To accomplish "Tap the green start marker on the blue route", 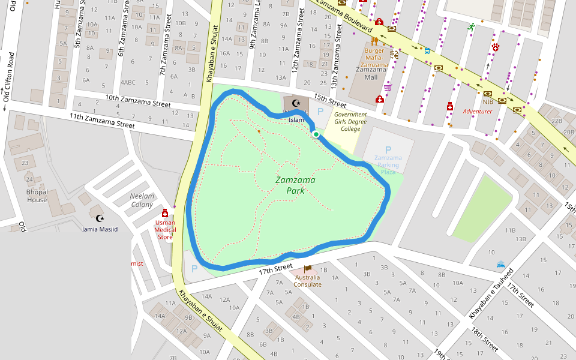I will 316,134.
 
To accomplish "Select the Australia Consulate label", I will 308,280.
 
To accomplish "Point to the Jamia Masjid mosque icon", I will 100,218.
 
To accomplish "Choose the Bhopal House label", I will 37,196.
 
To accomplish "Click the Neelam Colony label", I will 142,200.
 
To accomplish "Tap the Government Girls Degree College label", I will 350,121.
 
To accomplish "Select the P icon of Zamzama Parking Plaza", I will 388,149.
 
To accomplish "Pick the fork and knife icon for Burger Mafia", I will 374,41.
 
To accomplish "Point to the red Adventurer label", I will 477,111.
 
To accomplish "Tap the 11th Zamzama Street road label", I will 102,121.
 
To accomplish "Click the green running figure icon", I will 472,27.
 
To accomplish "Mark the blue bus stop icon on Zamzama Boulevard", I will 427,51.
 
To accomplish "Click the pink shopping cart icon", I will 388,87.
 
